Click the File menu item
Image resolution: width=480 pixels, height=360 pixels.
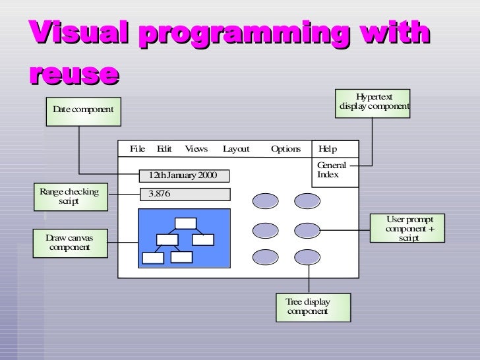[x=137, y=149]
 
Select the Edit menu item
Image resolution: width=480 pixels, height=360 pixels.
[x=164, y=149]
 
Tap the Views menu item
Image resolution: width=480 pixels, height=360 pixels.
[x=196, y=149]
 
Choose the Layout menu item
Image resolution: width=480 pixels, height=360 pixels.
[x=236, y=149]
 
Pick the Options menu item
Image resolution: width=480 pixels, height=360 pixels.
[x=285, y=149]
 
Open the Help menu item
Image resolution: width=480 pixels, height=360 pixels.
[x=328, y=149]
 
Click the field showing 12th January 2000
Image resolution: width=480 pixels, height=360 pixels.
[x=185, y=175]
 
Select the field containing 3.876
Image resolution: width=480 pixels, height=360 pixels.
[x=185, y=194]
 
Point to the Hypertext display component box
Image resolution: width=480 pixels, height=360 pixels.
[x=374, y=102]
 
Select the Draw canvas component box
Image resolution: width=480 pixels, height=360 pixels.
[x=69, y=243]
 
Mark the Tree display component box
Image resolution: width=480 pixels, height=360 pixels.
[x=314, y=307]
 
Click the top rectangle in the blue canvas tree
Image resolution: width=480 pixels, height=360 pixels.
[x=186, y=223]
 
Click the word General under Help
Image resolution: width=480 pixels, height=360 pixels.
[x=332, y=165]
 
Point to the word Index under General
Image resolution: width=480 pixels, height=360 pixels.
[x=328, y=175]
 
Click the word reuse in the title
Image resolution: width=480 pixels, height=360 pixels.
[x=74, y=74]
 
